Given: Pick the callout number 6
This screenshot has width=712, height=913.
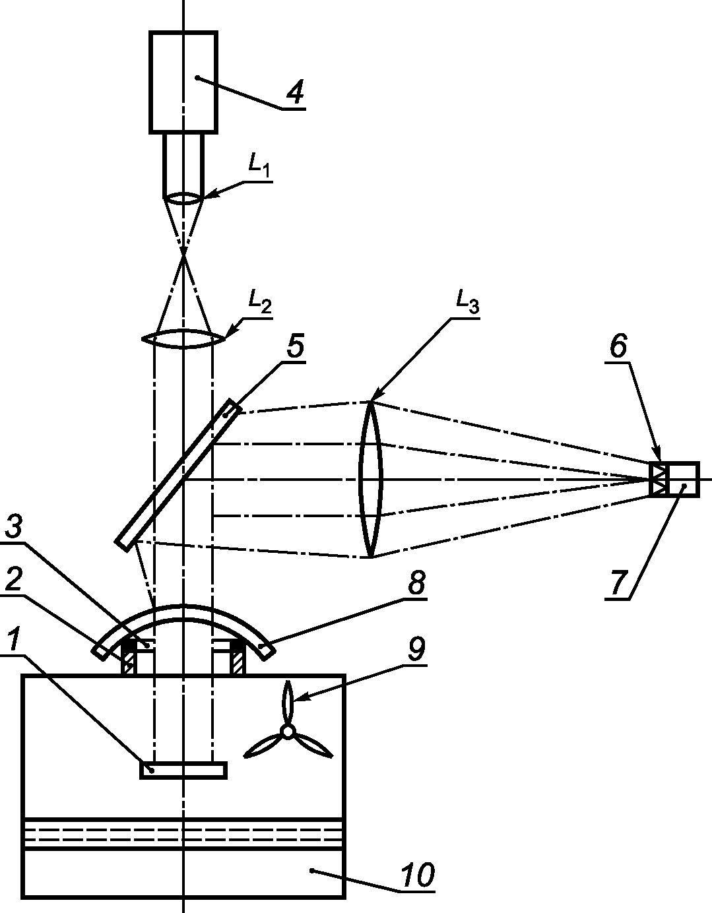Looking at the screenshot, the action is point(618,346).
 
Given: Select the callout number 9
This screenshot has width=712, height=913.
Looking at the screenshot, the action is point(416,648).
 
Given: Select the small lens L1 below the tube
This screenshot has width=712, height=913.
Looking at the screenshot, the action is point(183,199).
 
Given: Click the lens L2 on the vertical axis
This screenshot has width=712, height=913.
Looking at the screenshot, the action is point(183,338).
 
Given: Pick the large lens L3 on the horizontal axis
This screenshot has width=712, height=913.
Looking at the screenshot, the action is point(370,480).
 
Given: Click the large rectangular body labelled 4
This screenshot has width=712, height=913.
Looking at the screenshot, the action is point(183,82).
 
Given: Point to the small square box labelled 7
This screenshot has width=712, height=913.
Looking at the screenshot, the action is point(684,480).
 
